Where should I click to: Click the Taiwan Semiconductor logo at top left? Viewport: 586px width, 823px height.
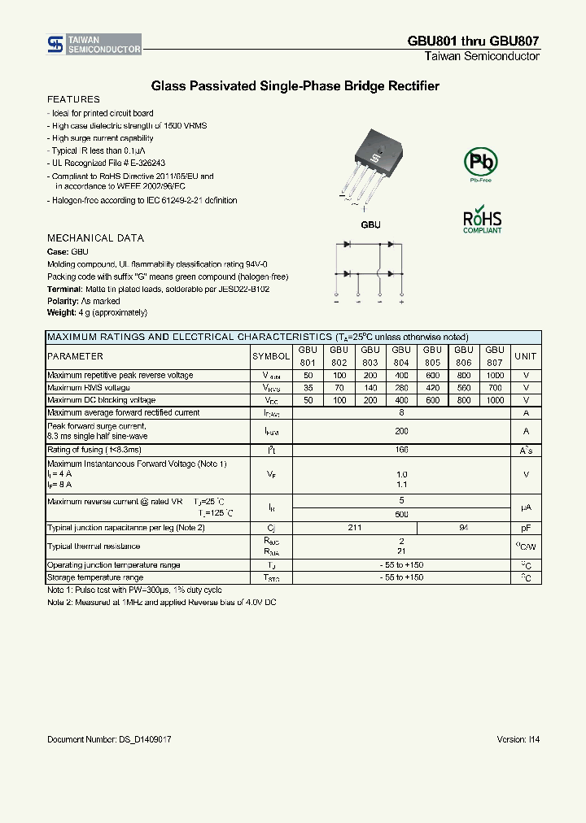(94, 45)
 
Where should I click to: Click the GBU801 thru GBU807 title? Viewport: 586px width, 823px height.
(473, 41)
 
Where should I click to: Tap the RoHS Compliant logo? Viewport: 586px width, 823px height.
(482, 221)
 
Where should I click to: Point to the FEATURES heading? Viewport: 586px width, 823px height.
(73, 99)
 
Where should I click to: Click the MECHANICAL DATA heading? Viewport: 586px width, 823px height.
(95, 238)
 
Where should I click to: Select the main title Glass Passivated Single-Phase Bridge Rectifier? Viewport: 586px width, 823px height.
(295, 85)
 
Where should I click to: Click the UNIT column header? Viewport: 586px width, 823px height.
(526, 356)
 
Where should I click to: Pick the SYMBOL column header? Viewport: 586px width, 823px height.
(271, 356)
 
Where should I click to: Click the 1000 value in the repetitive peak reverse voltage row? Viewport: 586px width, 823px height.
(495, 376)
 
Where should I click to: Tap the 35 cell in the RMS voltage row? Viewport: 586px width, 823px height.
(308, 388)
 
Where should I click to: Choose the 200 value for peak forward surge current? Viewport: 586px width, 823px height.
(401, 431)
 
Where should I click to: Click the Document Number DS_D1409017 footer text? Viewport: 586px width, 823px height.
(109, 739)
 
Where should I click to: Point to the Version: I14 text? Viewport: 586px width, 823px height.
(518, 739)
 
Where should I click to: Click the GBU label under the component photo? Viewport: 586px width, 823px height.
(370, 224)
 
